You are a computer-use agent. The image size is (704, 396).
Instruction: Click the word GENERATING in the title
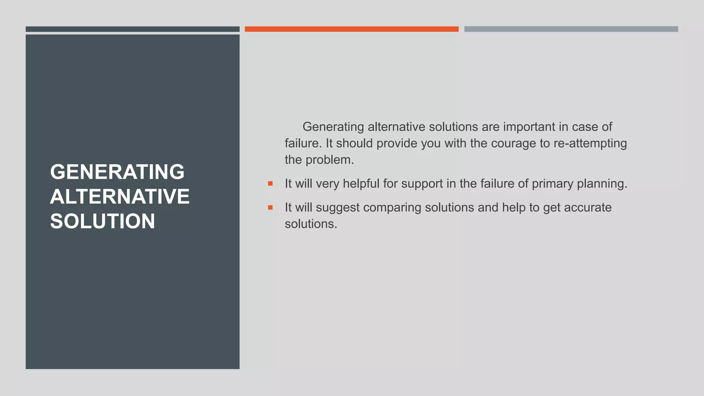click(117, 172)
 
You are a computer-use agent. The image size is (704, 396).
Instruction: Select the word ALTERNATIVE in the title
click(120, 196)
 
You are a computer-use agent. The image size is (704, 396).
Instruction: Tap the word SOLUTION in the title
click(102, 221)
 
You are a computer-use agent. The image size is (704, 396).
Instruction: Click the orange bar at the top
click(351, 29)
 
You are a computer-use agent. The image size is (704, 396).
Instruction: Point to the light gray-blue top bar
click(571, 29)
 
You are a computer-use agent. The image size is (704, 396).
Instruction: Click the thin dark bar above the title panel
click(132, 29)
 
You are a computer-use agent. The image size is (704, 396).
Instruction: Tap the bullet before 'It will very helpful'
click(270, 184)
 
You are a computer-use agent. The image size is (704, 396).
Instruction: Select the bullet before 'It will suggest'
click(270, 207)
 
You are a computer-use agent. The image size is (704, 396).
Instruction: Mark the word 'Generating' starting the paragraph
click(333, 127)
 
